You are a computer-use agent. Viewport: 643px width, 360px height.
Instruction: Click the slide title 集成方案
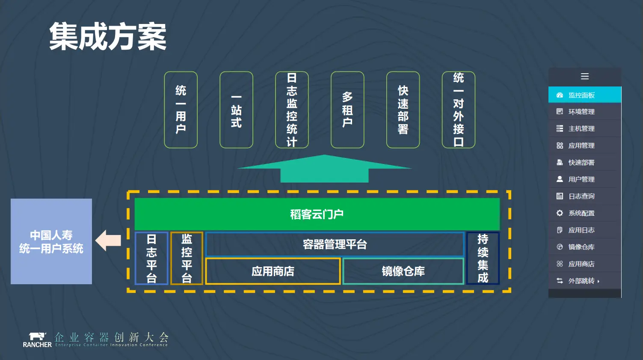(x=108, y=37)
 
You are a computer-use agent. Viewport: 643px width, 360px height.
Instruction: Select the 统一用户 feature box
(x=181, y=110)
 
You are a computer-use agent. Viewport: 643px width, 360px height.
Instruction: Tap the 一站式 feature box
(x=236, y=110)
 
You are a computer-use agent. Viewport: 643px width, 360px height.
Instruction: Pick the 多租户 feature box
(x=347, y=110)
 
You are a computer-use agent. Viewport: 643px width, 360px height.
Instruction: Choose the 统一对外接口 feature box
(x=458, y=110)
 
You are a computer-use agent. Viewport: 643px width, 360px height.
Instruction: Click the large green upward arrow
(x=324, y=169)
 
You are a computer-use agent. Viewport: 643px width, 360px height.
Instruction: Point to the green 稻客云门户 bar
(x=317, y=214)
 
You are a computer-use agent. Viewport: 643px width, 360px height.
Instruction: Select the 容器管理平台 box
(x=335, y=244)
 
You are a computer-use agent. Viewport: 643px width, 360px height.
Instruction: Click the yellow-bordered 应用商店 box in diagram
(x=273, y=271)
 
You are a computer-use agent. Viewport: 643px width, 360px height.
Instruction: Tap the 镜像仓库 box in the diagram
(x=403, y=271)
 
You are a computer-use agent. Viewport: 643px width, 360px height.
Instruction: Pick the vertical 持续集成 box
(x=483, y=258)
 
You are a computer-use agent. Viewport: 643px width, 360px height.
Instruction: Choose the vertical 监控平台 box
(x=187, y=258)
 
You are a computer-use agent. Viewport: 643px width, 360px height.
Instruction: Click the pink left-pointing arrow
(x=108, y=240)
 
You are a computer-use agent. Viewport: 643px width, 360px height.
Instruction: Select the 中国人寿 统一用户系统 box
(x=51, y=241)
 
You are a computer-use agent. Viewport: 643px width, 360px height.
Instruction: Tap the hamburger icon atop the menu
(x=585, y=77)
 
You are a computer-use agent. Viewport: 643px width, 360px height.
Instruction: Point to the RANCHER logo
(x=37, y=340)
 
